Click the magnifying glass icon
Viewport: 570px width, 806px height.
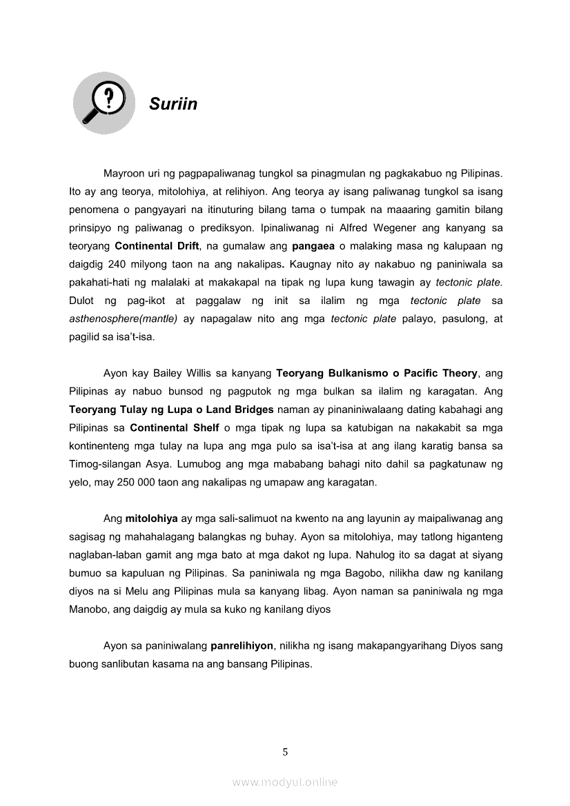point(104,103)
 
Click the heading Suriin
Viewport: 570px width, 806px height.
point(173,104)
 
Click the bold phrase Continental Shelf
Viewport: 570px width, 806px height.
point(175,427)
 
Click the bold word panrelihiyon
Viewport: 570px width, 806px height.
point(242,646)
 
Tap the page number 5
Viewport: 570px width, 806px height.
point(285,752)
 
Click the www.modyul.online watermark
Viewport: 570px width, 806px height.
point(285,782)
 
